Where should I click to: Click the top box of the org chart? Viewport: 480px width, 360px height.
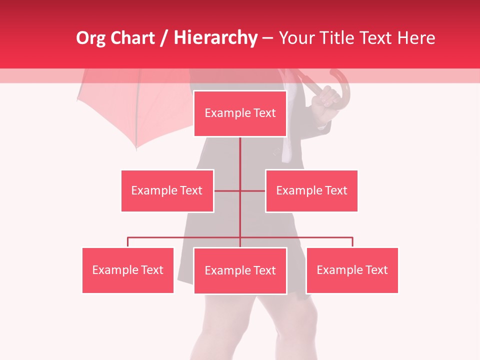pyautogui.click(x=240, y=113)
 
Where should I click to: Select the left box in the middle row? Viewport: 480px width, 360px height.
pyautogui.click(x=167, y=190)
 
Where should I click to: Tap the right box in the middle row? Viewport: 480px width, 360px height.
pyautogui.click(x=311, y=190)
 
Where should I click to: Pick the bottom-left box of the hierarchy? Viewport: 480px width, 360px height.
pyautogui.click(x=128, y=270)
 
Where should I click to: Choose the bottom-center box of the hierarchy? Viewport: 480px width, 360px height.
pyautogui.click(x=240, y=270)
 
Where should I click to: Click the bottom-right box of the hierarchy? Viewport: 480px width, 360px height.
pyautogui.click(x=352, y=270)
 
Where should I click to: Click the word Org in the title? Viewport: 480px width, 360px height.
pyautogui.click(x=90, y=38)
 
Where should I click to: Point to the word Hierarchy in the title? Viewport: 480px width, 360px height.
pyautogui.click(x=215, y=38)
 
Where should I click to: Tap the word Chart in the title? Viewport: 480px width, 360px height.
pyautogui.click(x=132, y=38)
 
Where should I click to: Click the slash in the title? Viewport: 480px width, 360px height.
pyautogui.click(x=164, y=38)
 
